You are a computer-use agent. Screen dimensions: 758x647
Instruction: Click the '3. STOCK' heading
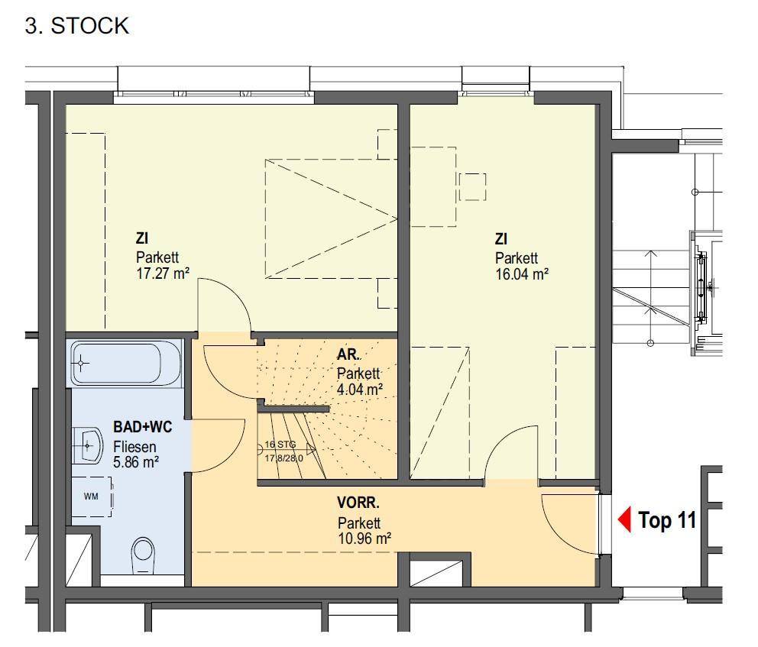[77, 26]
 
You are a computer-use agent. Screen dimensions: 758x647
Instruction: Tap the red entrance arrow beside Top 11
[624, 520]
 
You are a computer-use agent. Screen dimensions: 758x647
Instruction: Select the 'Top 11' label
[667, 520]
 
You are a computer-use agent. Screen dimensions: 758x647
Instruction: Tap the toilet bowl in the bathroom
[143, 557]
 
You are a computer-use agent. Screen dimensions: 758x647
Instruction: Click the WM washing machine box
[92, 497]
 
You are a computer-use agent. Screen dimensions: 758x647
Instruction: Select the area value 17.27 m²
[163, 273]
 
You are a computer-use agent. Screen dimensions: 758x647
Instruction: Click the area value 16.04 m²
[522, 274]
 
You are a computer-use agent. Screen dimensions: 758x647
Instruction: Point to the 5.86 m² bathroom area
[136, 462]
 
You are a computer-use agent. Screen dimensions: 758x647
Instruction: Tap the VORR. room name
[358, 503]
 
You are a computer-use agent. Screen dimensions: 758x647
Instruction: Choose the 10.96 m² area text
[364, 538]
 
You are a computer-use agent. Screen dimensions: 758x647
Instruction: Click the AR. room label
[348, 354]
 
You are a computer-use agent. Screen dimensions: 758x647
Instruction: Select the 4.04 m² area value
[360, 389]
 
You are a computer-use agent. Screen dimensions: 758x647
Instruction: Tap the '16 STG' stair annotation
[280, 445]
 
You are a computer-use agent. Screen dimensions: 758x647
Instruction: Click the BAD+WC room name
[143, 427]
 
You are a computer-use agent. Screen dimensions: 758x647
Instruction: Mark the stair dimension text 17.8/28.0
[283, 458]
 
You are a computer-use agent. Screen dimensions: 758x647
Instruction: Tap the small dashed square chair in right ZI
[472, 187]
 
